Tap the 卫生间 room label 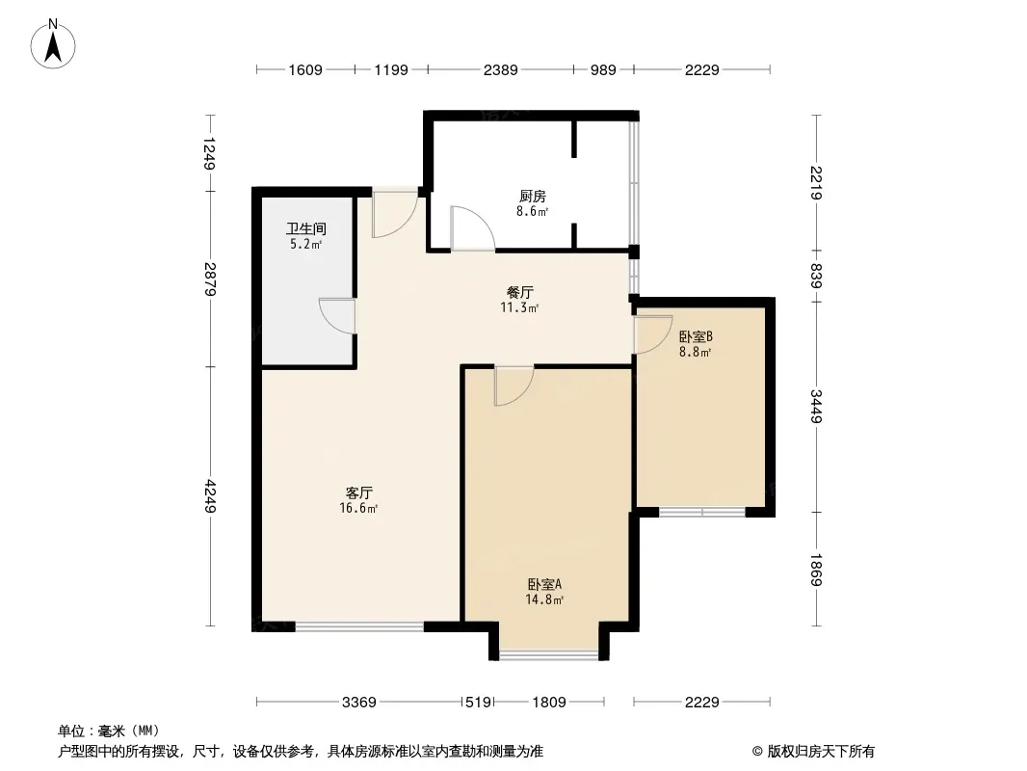(x=305, y=228)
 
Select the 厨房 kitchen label (x=533, y=196)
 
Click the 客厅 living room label (x=359, y=492)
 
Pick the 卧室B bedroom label (x=696, y=336)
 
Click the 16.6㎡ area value (x=358, y=508)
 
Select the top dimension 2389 (x=500, y=69)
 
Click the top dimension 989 (x=603, y=69)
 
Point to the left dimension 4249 (x=210, y=496)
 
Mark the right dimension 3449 (x=816, y=406)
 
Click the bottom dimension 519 (x=478, y=703)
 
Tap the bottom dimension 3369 (x=359, y=703)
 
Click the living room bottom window (x=359, y=626)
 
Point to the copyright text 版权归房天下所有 (x=821, y=752)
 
